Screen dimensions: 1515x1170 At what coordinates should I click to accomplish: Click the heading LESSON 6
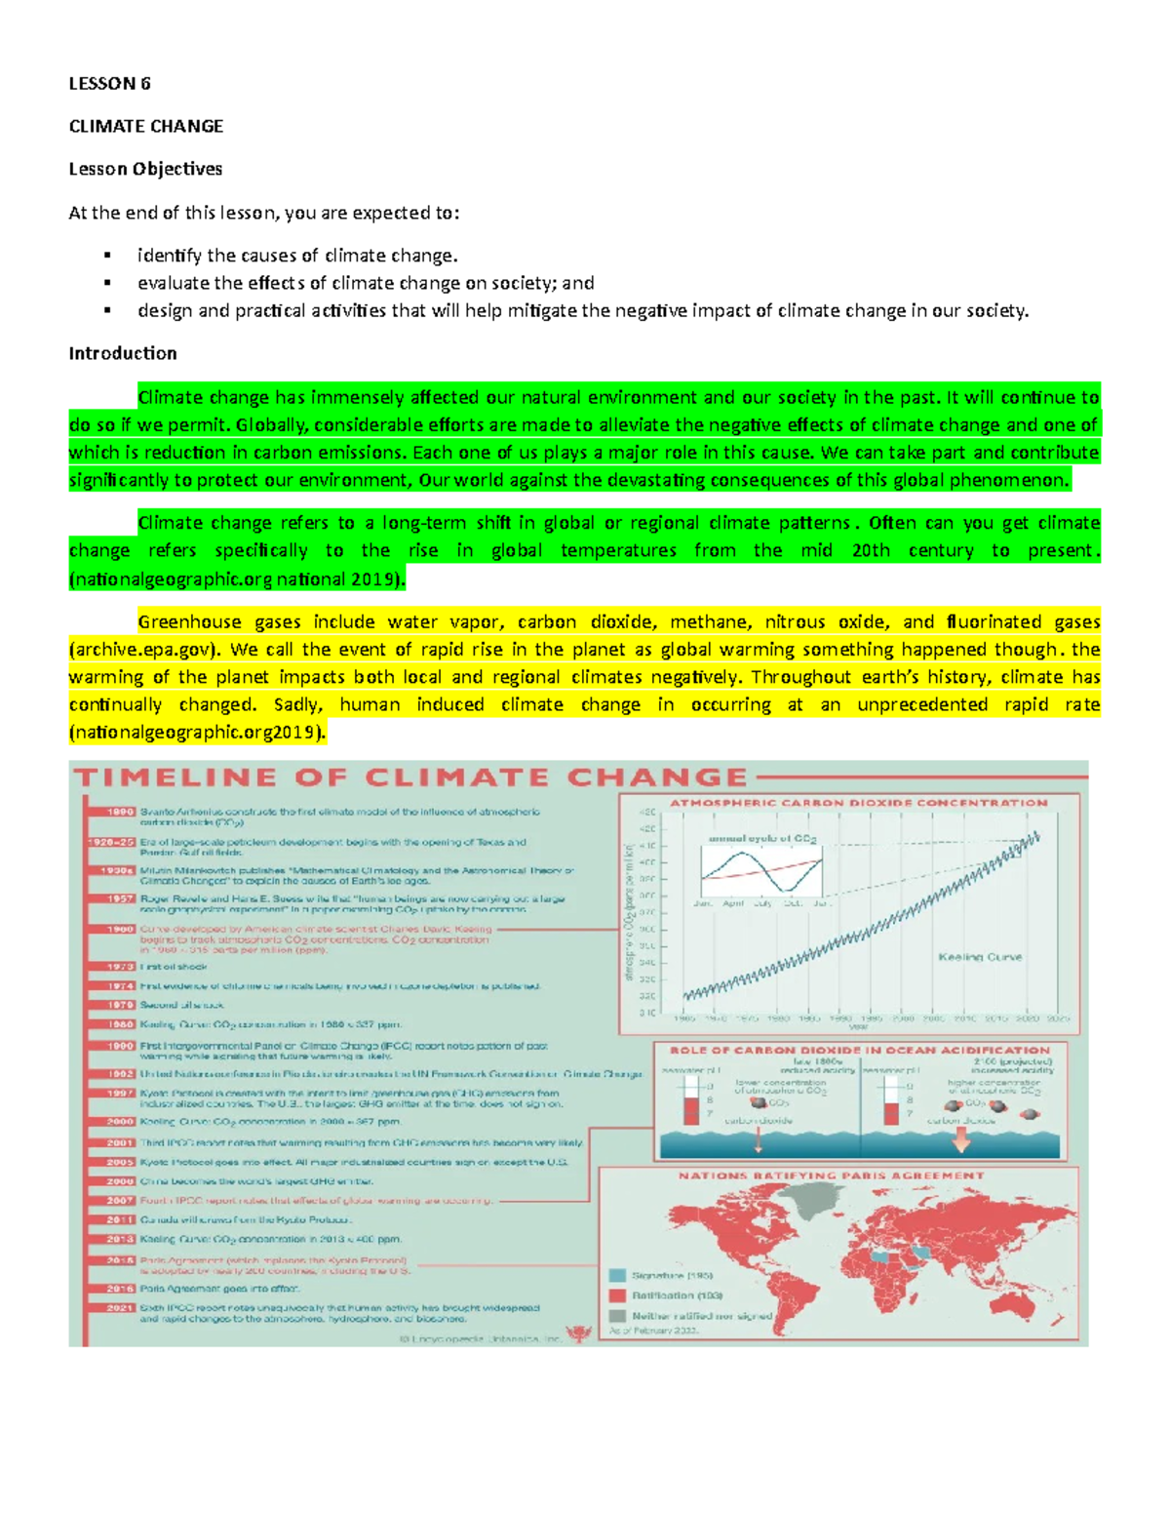[x=109, y=83]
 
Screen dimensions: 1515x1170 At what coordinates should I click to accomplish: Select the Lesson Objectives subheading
[x=145, y=169]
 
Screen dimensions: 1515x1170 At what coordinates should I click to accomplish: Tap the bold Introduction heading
[x=123, y=353]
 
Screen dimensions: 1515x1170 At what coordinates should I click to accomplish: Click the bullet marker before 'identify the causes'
[x=108, y=257]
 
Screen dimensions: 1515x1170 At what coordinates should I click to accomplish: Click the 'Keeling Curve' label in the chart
[x=980, y=957]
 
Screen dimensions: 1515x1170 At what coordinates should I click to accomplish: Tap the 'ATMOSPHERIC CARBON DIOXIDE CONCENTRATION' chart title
[x=858, y=803]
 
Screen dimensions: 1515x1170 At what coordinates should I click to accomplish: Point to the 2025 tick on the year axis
[x=1059, y=1017]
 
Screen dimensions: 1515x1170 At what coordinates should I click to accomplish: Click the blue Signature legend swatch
[x=617, y=1275]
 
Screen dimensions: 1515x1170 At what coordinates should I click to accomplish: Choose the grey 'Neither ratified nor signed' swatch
[x=617, y=1315]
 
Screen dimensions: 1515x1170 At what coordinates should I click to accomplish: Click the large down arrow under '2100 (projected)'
[x=961, y=1140]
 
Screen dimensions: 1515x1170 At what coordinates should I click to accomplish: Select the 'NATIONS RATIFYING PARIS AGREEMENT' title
[x=832, y=1176]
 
